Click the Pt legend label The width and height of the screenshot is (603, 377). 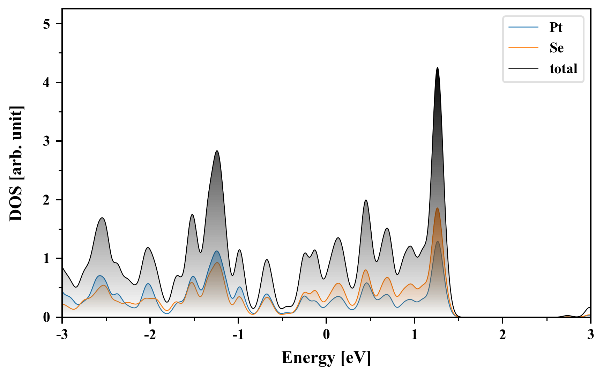pyautogui.click(x=556, y=27)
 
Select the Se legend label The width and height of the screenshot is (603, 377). pyautogui.click(x=556, y=48)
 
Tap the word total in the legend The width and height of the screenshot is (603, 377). pyautogui.click(x=563, y=69)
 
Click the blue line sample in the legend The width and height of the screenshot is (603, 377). pyautogui.click(x=523, y=27)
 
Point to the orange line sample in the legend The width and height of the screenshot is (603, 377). pyautogui.click(x=523, y=48)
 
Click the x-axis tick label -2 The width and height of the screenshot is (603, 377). pyautogui.click(x=150, y=335)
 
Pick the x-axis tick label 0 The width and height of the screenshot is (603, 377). pyautogui.click(x=326, y=335)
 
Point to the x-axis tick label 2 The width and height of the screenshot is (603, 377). pyautogui.click(x=502, y=335)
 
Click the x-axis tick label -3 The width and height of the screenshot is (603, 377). pyautogui.click(x=62, y=335)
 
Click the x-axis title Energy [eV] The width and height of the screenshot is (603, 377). pyautogui.click(x=326, y=358)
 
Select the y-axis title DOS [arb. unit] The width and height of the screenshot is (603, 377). pyautogui.click(x=16, y=163)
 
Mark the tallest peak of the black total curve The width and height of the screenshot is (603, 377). pyautogui.click(x=437, y=68)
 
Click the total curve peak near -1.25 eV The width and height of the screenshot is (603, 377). pyautogui.click(x=217, y=151)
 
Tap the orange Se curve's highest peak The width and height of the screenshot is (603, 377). pyautogui.click(x=437, y=208)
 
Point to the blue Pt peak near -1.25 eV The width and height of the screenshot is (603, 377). pyautogui.click(x=217, y=251)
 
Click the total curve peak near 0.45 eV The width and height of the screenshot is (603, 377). pyautogui.click(x=366, y=200)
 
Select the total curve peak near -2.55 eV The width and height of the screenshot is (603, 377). pyautogui.click(x=102, y=218)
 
